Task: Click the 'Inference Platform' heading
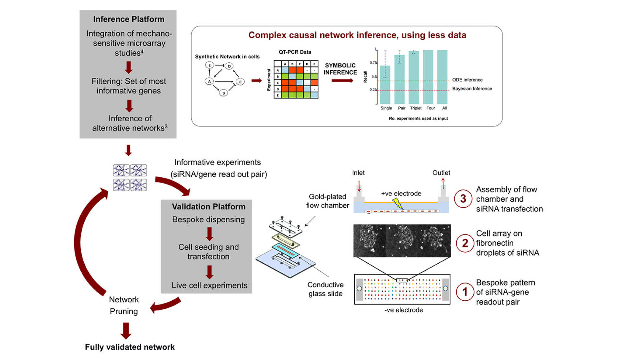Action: click(x=129, y=19)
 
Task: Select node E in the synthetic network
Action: click(x=209, y=65)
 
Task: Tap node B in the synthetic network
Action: click(x=223, y=93)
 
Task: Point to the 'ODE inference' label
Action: click(x=467, y=80)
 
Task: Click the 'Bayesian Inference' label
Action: click(x=472, y=89)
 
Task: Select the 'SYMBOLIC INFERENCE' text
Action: click(x=340, y=69)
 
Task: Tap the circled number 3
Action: click(x=463, y=198)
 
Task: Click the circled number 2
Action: click(x=465, y=243)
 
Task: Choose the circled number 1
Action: click(x=465, y=292)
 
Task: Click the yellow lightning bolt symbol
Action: click(x=397, y=204)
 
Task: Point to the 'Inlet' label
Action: click(x=358, y=173)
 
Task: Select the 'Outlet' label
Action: click(x=441, y=173)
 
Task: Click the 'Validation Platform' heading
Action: click(x=208, y=207)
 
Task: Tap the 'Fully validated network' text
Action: click(x=130, y=347)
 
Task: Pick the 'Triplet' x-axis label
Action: click(x=416, y=108)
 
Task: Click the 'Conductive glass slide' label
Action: click(x=325, y=289)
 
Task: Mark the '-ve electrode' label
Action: click(x=404, y=310)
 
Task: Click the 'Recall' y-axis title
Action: click(x=365, y=77)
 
